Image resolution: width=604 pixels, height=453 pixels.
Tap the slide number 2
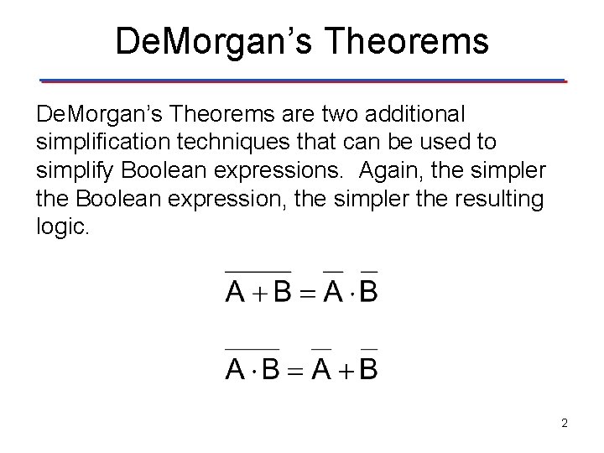[x=565, y=424]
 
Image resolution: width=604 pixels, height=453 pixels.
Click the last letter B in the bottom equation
[x=368, y=368]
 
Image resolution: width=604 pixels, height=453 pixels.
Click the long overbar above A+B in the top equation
[x=258, y=271]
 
